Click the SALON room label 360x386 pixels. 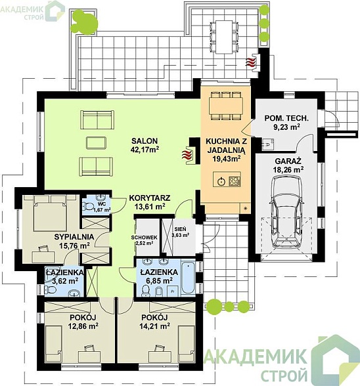pyautogui.click(x=145, y=140)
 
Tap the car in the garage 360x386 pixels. pyautogui.click(x=286, y=213)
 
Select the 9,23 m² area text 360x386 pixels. pyautogui.click(x=286, y=127)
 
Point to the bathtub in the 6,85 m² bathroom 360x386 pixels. pyautogui.click(x=188, y=277)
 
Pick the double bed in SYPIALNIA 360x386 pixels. pyautogui.click(x=51, y=213)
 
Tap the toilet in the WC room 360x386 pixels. pyautogui.click(x=87, y=206)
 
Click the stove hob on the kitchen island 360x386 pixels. pyautogui.click(x=235, y=181)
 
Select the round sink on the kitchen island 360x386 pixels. pyautogui.click(x=221, y=182)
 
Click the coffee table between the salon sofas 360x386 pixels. pyautogui.click(x=96, y=143)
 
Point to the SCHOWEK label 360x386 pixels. pyautogui.click(x=144, y=238)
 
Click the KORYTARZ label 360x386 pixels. pyautogui.click(x=150, y=198)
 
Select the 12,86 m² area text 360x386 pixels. pyautogui.click(x=83, y=326)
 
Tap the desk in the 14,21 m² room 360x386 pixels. pyautogui.click(x=160, y=355)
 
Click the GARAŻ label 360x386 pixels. pyautogui.click(x=288, y=161)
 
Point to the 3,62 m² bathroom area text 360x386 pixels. pyautogui.click(x=65, y=281)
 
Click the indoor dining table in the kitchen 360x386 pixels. pyautogui.click(x=226, y=106)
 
